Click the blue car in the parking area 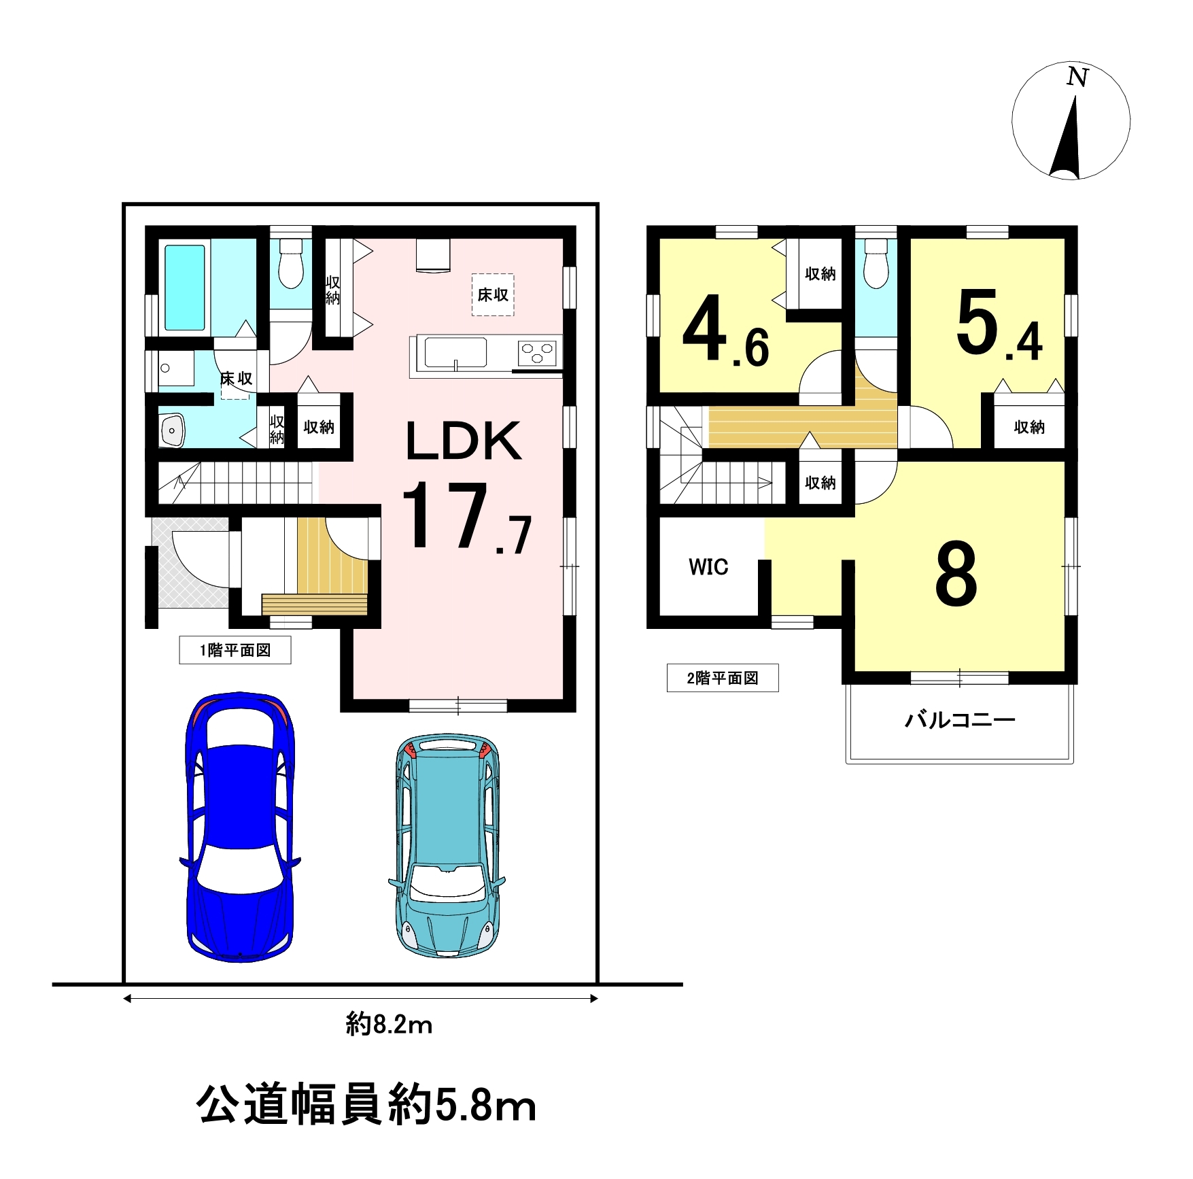click(x=240, y=827)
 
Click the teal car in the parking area click(x=447, y=845)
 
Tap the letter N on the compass click(x=1077, y=77)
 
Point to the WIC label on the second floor click(x=708, y=566)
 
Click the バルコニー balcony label click(x=960, y=719)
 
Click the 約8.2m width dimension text click(x=390, y=1024)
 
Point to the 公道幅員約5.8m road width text click(x=366, y=1105)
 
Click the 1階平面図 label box click(x=235, y=650)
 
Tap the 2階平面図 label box click(x=723, y=678)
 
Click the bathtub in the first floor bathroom click(x=185, y=288)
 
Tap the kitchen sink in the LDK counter click(x=455, y=353)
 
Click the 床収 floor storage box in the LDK click(x=493, y=294)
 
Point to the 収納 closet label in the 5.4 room click(x=1029, y=427)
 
